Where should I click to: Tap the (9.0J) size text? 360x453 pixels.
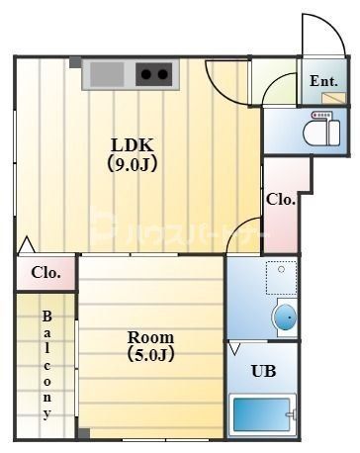(x=132, y=163)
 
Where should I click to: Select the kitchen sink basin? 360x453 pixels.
(x=105, y=73)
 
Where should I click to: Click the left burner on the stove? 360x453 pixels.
(x=144, y=73)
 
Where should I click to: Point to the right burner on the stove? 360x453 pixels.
(x=159, y=73)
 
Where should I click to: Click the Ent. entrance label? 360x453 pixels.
(x=324, y=80)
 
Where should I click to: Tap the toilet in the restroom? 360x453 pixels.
(x=319, y=129)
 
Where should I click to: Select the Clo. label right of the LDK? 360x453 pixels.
(x=281, y=199)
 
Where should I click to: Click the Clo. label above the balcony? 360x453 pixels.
(x=45, y=272)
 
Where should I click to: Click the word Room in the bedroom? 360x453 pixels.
(x=150, y=335)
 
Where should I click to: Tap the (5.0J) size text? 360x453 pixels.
(x=150, y=354)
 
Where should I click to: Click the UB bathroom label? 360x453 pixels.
(x=262, y=371)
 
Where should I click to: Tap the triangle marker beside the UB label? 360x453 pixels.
(x=234, y=349)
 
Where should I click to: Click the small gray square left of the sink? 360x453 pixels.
(x=75, y=62)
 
